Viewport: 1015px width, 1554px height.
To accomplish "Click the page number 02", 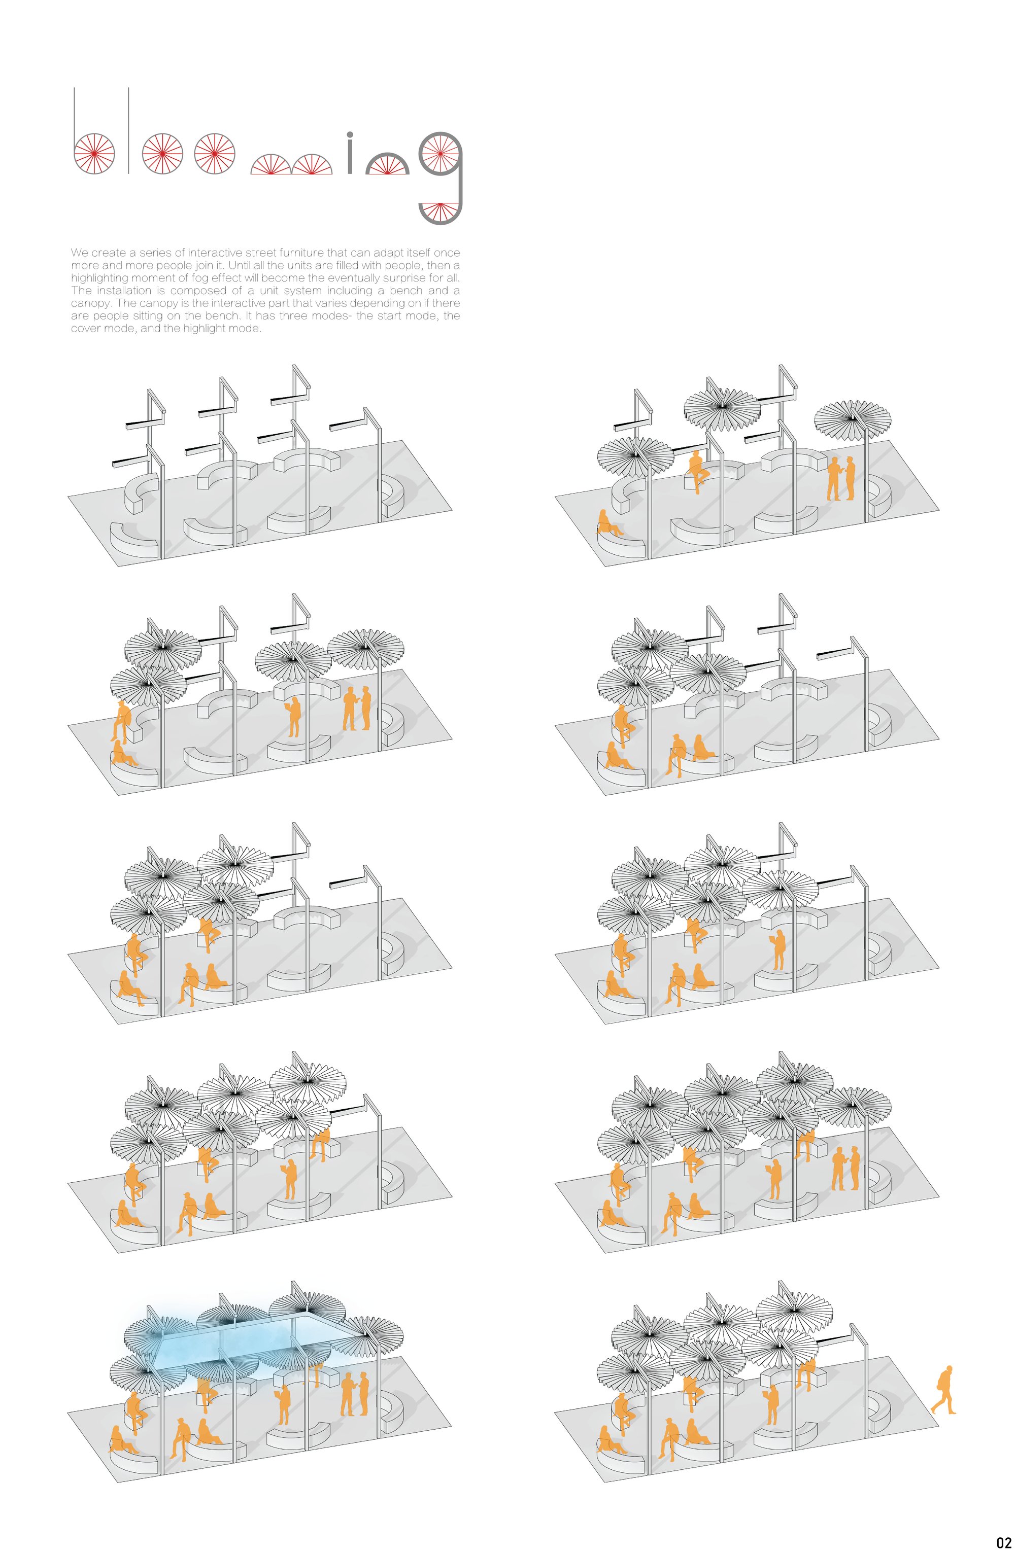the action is coord(1003,1542).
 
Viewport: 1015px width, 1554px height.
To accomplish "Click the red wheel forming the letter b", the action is coord(94,154).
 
